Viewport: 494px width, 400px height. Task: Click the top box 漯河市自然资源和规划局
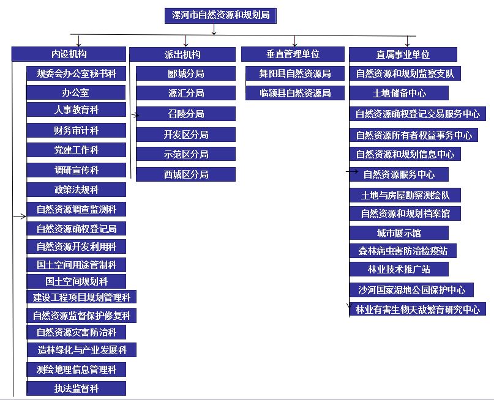220,15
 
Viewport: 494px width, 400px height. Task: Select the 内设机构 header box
69,54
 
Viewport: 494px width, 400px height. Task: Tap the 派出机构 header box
182,54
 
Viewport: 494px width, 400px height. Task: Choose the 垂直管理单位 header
293,54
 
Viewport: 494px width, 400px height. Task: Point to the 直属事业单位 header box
403,54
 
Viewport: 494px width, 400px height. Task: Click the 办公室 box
76,92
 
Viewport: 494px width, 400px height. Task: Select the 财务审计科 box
77,130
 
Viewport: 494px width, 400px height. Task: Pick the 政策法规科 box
77,190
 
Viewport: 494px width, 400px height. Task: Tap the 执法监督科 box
77,388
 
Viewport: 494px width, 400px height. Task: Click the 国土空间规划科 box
77,281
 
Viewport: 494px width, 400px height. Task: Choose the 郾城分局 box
186,73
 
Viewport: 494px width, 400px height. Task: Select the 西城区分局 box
186,174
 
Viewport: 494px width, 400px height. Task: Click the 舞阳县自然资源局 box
295,73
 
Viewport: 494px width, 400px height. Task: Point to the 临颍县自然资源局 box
295,93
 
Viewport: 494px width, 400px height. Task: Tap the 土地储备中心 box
399,93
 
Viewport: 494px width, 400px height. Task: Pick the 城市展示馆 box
399,233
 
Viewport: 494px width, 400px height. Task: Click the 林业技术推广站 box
399,269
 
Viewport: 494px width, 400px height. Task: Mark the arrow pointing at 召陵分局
135,116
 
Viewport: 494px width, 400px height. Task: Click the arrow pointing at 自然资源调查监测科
20,216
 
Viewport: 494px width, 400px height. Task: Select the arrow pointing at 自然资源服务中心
352,171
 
